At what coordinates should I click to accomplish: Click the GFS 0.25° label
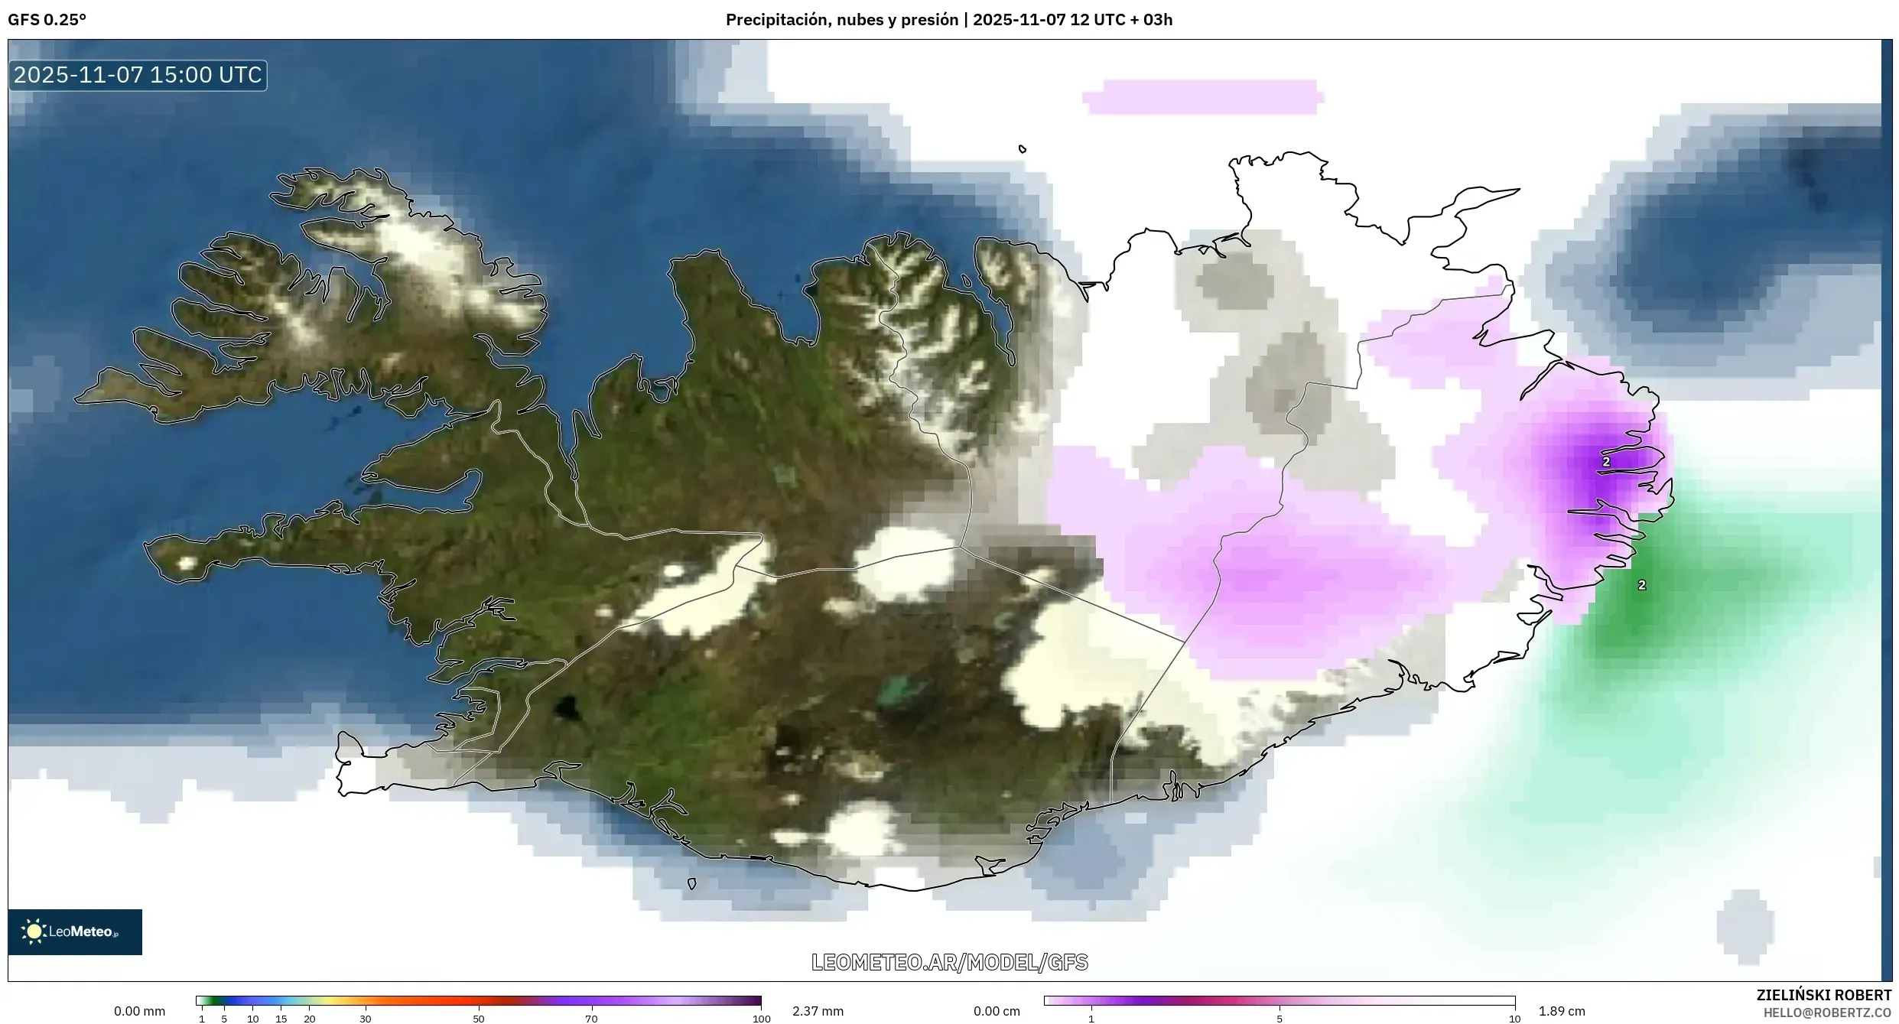click(x=47, y=20)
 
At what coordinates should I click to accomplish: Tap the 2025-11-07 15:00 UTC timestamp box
click(x=138, y=75)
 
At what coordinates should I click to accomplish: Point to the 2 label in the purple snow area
click(x=1606, y=462)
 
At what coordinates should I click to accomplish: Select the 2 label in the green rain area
click(x=1641, y=585)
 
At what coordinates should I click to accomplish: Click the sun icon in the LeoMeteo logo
click(x=34, y=931)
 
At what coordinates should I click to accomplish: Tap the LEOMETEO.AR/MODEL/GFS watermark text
click(x=949, y=962)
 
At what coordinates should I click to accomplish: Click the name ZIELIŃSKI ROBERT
click(x=1823, y=995)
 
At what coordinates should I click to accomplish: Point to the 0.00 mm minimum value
click(x=139, y=1011)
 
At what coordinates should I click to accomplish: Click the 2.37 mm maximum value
click(x=818, y=1011)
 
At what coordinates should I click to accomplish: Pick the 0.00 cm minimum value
click(x=997, y=1011)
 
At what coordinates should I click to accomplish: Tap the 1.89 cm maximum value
click(x=1562, y=1011)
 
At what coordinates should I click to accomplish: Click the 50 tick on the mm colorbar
click(x=479, y=1019)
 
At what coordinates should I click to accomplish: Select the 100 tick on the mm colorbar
click(x=761, y=1019)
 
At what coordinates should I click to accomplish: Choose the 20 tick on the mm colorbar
click(x=309, y=1019)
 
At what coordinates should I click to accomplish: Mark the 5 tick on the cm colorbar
click(x=1280, y=1019)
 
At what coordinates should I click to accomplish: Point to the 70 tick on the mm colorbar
click(x=591, y=1019)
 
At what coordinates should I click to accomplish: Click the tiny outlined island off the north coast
click(x=1023, y=149)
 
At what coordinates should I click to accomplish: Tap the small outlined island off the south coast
click(x=691, y=884)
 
